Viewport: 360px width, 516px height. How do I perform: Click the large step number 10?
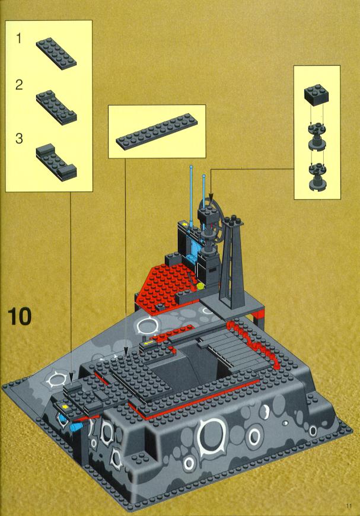click(x=20, y=316)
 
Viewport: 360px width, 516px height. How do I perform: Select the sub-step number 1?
click(x=19, y=39)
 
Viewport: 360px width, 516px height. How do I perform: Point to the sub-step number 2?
click(x=19, y=85)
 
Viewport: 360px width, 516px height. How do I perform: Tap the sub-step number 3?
click(x=19, y=138)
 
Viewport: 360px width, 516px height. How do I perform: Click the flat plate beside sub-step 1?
click(x=56, y=53)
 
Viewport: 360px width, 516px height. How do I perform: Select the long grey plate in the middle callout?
click(x=157, y=132)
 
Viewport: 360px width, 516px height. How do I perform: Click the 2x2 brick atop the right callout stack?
click(x=316, y=94)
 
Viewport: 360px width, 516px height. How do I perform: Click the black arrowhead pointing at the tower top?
click(x=211, y=197)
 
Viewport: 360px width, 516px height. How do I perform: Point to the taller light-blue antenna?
click(x=191, y=194)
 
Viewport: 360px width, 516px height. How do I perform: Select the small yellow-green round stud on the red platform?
click(x=200, y=286)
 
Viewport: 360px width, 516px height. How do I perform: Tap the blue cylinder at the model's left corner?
click(x=77, y=427)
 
